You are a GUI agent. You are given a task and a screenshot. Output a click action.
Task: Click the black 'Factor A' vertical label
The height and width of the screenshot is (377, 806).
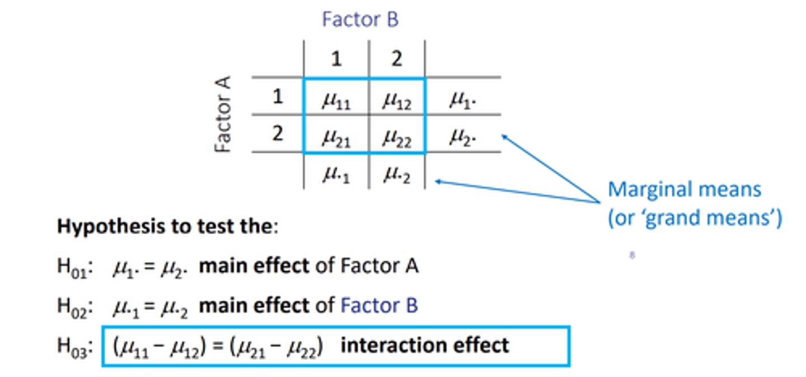pos(223,114)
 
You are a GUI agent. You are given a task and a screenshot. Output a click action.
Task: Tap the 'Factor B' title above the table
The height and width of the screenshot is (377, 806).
pos(360,20)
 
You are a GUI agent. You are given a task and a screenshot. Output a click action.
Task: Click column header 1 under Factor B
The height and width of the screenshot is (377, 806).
pos(336,59)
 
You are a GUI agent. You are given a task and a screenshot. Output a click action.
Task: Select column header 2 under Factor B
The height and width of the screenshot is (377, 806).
pos(396,59)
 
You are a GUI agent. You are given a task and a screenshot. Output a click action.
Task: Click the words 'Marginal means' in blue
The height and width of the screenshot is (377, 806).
pos(684,189)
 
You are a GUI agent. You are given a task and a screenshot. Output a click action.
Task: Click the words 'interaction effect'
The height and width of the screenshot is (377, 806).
pos(425,345)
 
